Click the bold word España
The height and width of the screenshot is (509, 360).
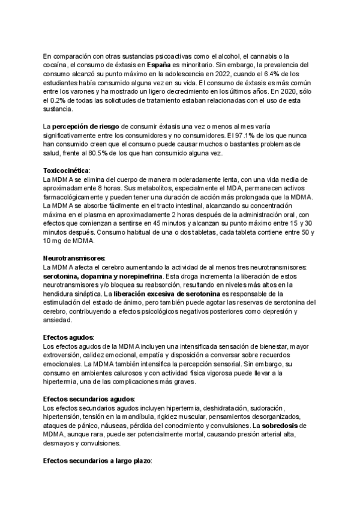[x=158, y=64]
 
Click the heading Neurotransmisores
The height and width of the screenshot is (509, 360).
[x=70, y=258]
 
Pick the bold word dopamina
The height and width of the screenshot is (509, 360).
[x=104, y=276]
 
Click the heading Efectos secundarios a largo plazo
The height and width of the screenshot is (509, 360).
[x=97, y=461]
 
